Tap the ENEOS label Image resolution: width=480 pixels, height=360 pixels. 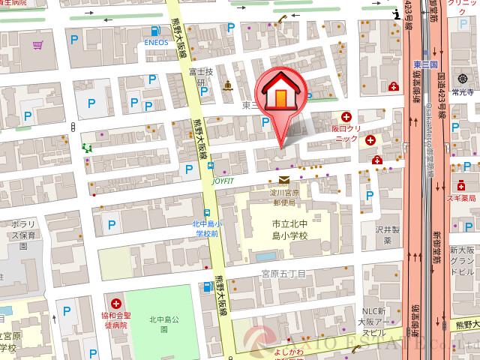(x=156, y=43)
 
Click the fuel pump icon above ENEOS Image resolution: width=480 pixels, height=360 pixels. (x=154, y=31)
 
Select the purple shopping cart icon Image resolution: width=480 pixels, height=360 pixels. (x=37, y=46)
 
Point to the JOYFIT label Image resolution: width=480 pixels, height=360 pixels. (x=223, y=181)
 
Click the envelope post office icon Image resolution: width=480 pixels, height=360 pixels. (x=284, y=180)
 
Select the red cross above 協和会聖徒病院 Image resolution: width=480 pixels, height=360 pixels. (x=116, y=303)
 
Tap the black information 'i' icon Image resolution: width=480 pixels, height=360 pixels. (x=397, y=14)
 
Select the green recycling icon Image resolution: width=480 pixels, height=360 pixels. (x=87, y=148)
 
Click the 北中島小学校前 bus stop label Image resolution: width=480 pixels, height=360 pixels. (x=204, y=229)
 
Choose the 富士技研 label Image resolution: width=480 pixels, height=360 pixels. (x=202, y=77)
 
